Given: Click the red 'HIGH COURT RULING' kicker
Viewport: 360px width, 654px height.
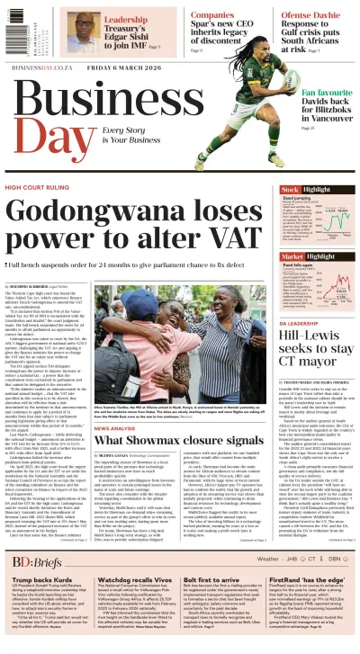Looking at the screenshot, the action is click(40, 188).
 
